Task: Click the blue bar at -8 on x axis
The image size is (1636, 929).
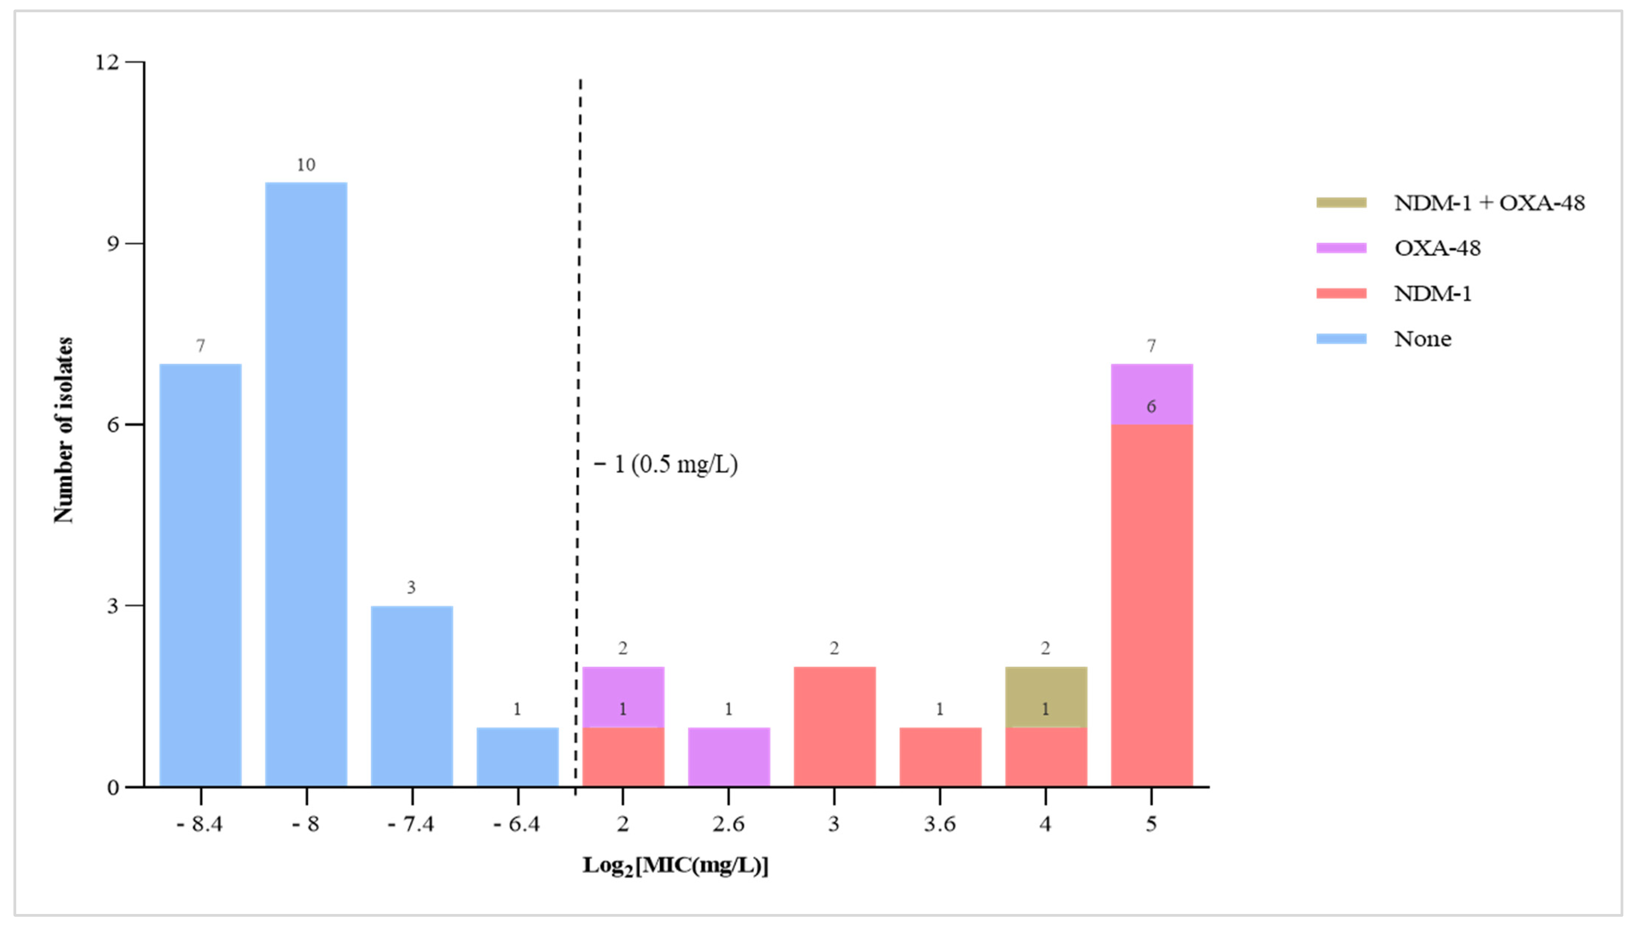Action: (x=306, y=485)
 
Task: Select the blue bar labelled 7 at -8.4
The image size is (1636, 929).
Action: (x=200, y=574)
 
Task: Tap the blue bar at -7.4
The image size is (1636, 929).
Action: (x=412, y=696)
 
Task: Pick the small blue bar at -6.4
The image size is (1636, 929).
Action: (x=518, y=757)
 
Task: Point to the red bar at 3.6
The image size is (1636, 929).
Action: (x=940, y=757)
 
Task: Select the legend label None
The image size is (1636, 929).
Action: (x=1423, y=339)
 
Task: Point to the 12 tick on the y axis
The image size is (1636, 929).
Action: (x=107, y=62)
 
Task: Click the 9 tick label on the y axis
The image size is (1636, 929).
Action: (x=113, y=244)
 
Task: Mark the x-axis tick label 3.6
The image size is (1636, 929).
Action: (x=939, y=824)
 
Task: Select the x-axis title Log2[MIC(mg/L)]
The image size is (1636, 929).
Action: (x=676, y=866)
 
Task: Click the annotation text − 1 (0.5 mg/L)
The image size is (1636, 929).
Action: (x=666, y=464)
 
